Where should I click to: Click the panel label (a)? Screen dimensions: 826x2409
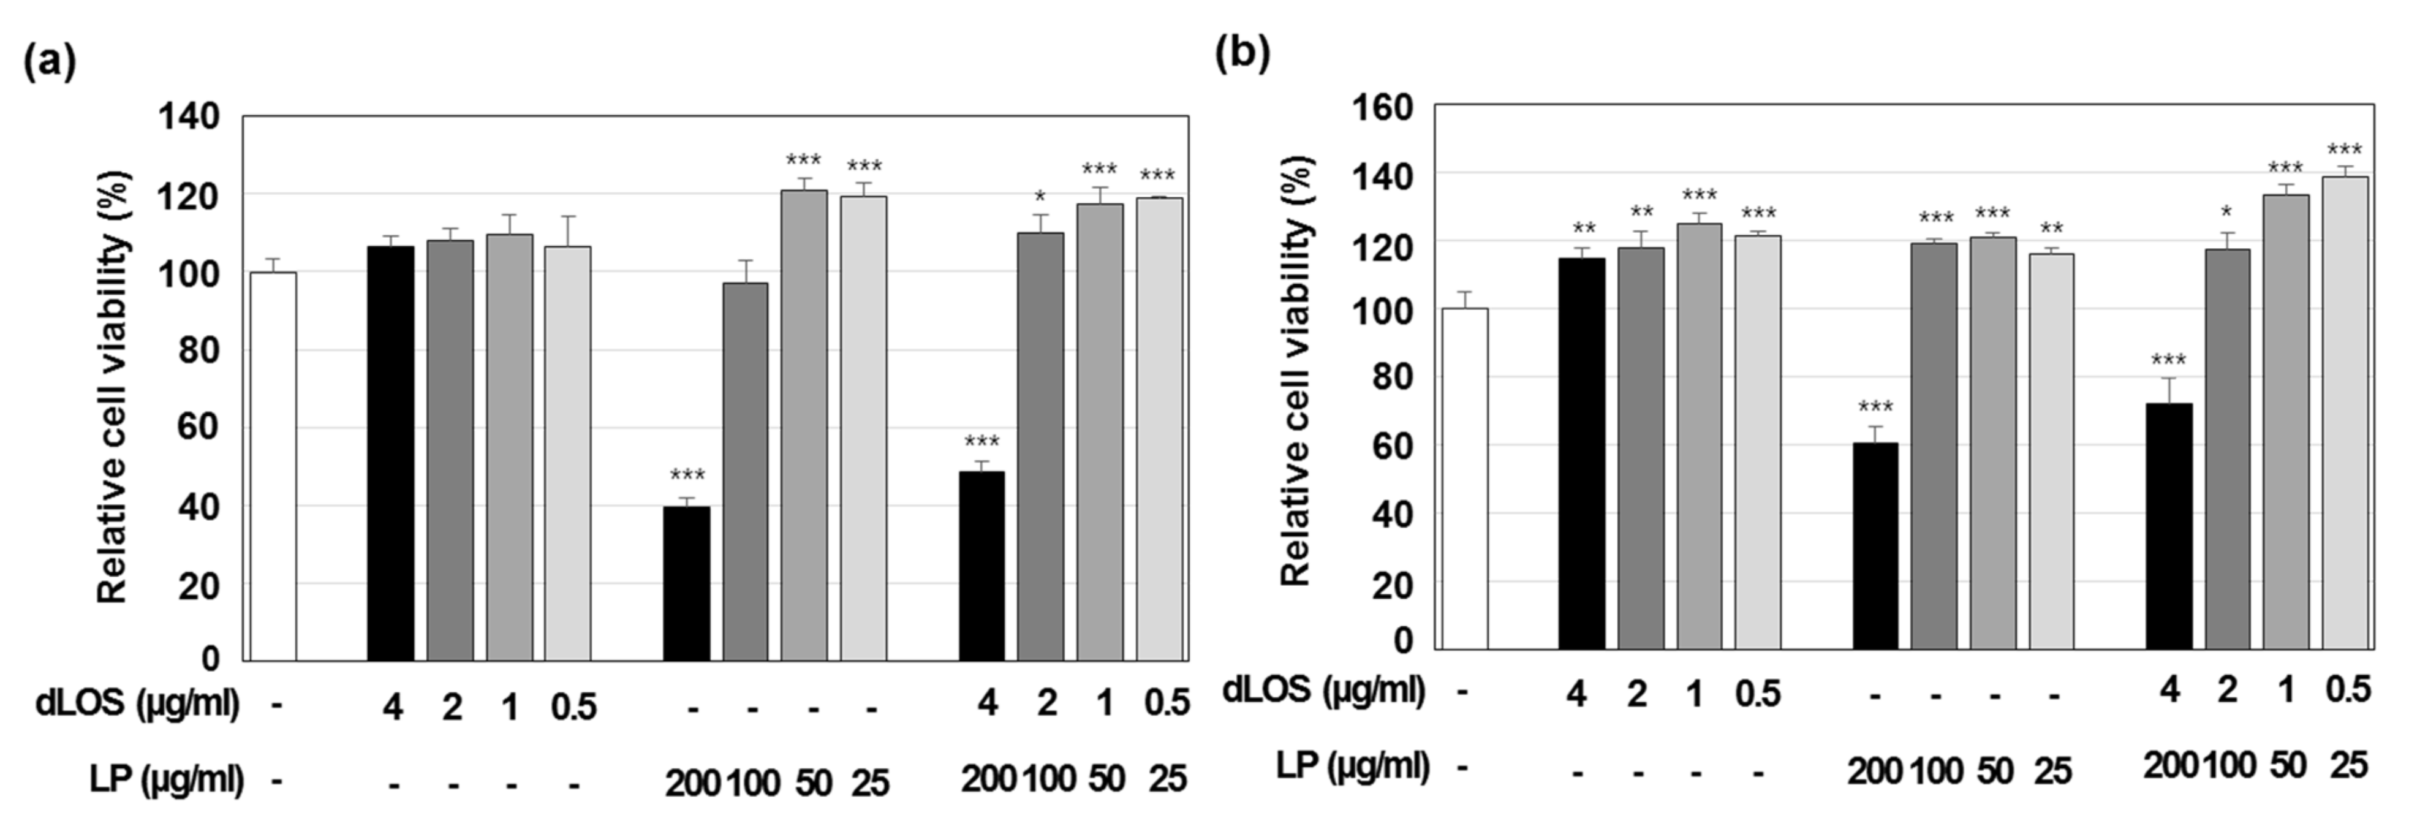point(48,64)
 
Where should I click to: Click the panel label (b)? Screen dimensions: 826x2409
point(1242,55)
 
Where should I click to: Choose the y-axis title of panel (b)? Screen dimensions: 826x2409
point(1296,371)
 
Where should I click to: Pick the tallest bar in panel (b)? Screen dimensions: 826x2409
point(2345,412)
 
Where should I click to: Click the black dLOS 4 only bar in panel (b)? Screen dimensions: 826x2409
point(1581,453)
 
